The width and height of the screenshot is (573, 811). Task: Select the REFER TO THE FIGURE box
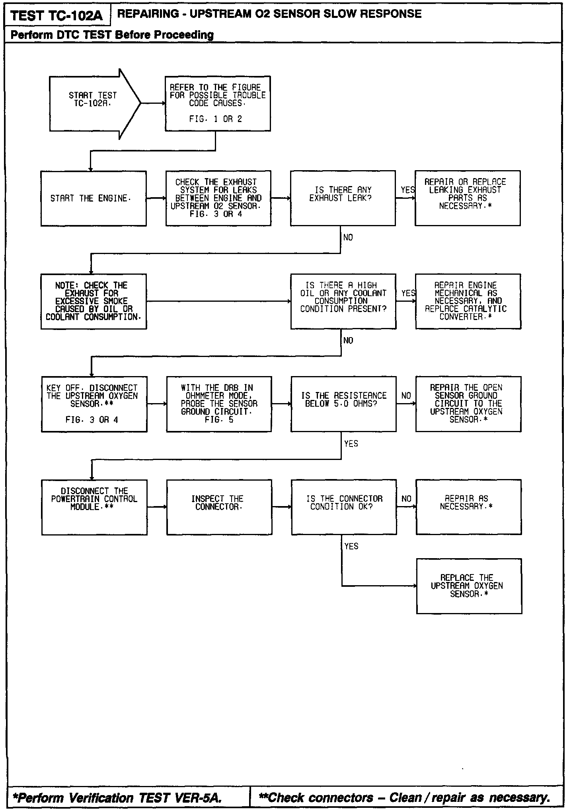[x=218, y=103]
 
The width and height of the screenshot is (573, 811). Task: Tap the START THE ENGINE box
[x=94, y=198]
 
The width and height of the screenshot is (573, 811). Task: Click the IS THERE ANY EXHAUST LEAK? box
[x=343, y=198]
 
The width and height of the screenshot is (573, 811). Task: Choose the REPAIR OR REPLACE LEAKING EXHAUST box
[x=467, y=198]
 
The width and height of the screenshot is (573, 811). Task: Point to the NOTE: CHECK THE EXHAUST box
[x=94, y=301]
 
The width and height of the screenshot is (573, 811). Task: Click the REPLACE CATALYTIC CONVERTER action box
[x=468, y=301]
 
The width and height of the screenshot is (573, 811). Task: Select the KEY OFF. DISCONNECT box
[x=94, y=404]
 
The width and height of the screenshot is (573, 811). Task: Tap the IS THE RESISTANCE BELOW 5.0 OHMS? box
[x=343, y=404]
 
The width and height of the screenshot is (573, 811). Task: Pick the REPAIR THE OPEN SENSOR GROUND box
[x=468, y=404]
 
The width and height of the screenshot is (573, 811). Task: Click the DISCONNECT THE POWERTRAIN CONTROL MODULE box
[x=94, y=507]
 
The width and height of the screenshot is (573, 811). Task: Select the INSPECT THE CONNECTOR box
[x=219, y=507]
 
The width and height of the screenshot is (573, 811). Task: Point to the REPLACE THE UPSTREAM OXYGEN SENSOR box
[x=469, y=586]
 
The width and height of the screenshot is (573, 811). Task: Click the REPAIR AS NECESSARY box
[x=468, y=507]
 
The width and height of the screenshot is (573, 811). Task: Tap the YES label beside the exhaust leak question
[x=407, y=190]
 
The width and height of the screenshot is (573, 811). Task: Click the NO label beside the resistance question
[x=406, y=396]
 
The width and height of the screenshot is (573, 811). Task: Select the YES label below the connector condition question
[x=351, y=546]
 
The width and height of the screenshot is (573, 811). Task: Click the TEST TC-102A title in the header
[x=57, y=16]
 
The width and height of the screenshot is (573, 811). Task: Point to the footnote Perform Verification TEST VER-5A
[x=117, y=797]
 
